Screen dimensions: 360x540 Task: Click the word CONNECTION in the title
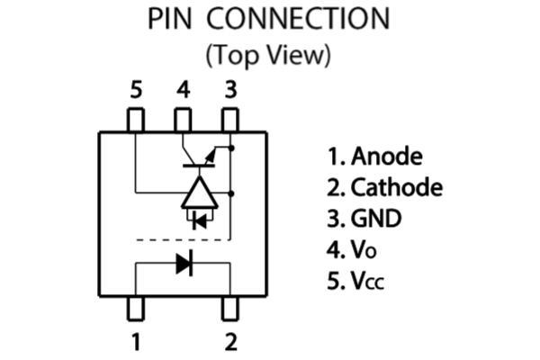[305, 19]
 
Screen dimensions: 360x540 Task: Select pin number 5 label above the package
[136, 90]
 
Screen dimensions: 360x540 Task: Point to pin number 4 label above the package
[184, 90]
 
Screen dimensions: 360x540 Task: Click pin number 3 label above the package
[230, 90]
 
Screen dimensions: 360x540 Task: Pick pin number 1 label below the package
[136, 342]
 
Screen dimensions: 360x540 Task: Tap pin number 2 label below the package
[230, 342]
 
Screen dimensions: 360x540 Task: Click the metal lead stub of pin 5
[136, 120]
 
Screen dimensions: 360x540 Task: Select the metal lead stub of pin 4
[184, 120]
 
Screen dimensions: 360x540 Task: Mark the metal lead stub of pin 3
[230, 120]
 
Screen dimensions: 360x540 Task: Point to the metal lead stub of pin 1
[136, 307]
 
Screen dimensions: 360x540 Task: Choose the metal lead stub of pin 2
[230, 307]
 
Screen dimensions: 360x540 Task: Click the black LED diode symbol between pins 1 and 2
[184, 264]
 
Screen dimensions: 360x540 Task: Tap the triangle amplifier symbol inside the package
[200, 193]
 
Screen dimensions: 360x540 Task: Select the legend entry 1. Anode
[374, 157]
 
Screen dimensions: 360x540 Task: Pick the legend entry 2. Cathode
[384, 188]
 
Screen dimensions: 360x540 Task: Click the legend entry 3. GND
[364, 219]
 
